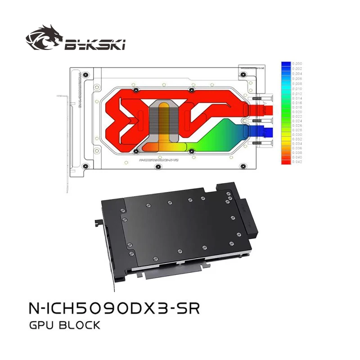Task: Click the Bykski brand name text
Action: point(94,44)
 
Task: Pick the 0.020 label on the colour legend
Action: point(298,111)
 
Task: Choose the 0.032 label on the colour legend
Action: point(298,139)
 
